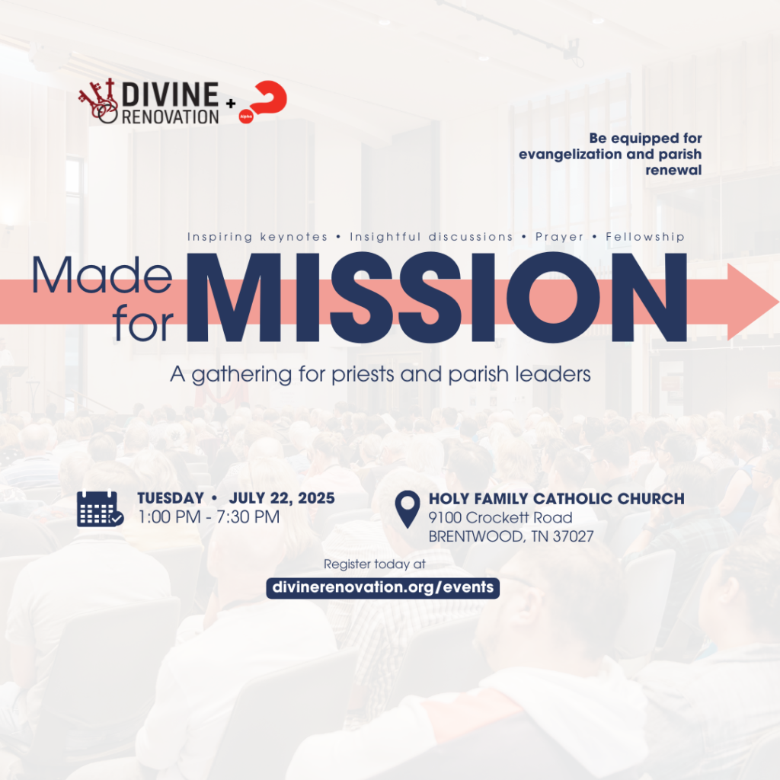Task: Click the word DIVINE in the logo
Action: (170, 94)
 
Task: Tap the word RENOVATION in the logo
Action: (170, 117)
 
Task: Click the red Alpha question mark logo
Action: (263, 101)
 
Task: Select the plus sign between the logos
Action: (230, 104)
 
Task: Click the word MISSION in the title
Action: (436, 298)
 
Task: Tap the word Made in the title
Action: (102, 275)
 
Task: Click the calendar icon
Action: (100, 508)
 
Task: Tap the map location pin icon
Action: (408, 509)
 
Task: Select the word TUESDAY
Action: (171, 498)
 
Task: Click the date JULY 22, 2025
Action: (282, 498)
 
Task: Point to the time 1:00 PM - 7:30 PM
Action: (209, 517)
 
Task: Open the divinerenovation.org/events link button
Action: (382, 587)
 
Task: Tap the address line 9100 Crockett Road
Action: (500, 517)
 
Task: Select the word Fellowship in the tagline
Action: (645, 237)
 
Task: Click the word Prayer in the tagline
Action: (559, 238)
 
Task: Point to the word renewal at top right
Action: (673, 170)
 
